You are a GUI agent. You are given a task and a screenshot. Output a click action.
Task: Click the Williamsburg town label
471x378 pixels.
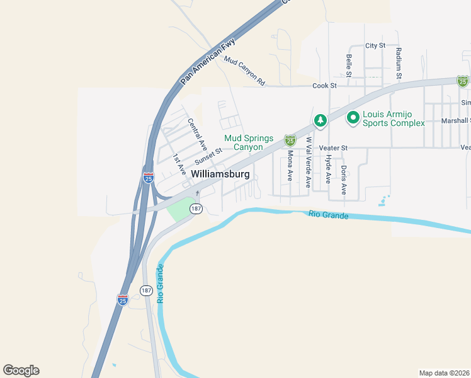click(220, 174)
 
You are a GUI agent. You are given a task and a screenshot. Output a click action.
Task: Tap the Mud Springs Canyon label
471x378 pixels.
click(253, 142)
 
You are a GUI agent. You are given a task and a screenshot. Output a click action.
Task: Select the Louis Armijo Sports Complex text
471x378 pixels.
click(394, 118)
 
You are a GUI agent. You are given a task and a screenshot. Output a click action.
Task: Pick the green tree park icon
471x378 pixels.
click(321, 120)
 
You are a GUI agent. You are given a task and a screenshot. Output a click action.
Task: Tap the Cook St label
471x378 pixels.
click(325, 85)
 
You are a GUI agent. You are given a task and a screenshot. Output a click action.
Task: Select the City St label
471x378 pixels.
click(375, 46)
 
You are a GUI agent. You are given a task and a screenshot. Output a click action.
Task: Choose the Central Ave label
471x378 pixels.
click(198, 132)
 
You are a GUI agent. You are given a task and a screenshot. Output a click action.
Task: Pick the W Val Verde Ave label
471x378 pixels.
click(309, 163)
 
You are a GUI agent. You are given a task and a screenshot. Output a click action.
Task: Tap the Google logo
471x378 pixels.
click(21, 370)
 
